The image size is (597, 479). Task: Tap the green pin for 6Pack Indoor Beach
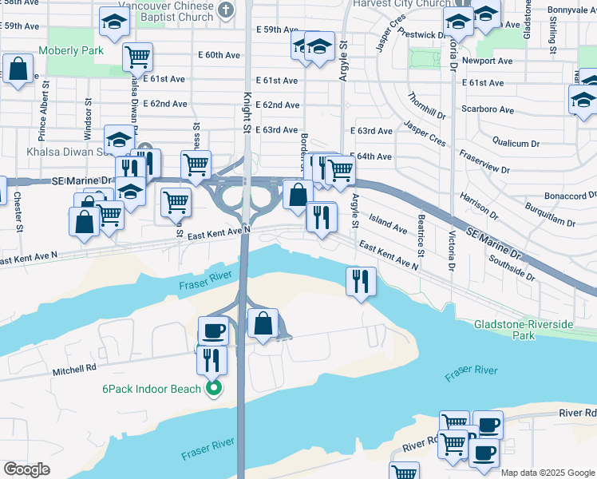tap(213, 389)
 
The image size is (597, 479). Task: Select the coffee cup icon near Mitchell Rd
tap(213, 329)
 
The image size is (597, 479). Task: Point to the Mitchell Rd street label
tap(75, 369)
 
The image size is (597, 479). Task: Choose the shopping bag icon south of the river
tap(263, 323)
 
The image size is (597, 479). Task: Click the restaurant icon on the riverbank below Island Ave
tap(361, 280)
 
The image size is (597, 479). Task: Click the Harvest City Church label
tap(406, 4)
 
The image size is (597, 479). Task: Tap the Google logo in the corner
tap(27, 469)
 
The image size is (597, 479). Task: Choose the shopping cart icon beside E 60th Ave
tap(137, 57)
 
